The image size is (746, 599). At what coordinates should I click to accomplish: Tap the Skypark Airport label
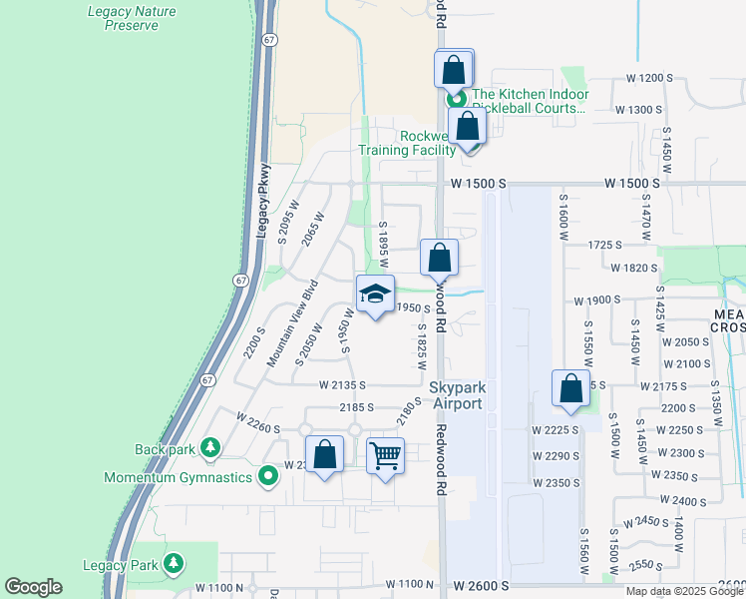(x=457, y=395)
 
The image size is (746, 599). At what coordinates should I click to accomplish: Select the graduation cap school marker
(x=376, y=295)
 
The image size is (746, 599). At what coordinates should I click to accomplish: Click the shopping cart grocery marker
(x=385, y=457)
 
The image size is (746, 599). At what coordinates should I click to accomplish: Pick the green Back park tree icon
(x=209, y=448)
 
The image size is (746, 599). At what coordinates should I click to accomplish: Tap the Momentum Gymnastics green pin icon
(x=267, y=477)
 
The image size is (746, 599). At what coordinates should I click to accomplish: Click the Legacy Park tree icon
(x=174, y=564)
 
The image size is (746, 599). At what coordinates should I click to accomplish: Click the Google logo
(x=33, y=587)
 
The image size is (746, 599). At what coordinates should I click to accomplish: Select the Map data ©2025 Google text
(x=684, y=591)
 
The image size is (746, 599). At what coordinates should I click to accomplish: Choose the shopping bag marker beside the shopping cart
(x=325, y=455)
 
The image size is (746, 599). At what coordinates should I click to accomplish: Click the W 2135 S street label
(x=343, y=384)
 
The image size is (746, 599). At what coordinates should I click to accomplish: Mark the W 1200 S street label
(x=644, y=78)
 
